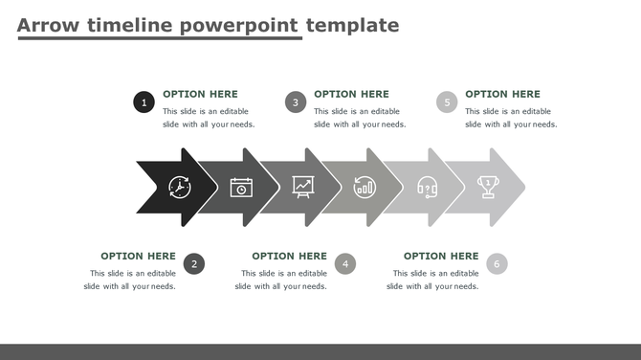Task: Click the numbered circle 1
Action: click(144, 101)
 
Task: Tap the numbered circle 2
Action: click(194, 263)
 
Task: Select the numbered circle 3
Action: click(296, 101)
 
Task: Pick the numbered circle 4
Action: click(345, 263)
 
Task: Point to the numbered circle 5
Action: click(447, 101)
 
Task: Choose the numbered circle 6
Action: click(497, 263)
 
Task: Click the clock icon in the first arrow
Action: click(180, 187)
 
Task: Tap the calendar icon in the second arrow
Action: click(241, 187)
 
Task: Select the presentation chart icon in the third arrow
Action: click(303, 187)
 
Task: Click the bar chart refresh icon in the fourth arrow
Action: click(365, 187)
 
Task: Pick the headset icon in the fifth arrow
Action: click(427, 187)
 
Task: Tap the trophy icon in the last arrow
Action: click(488, 187)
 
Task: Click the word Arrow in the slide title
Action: click(49, 25)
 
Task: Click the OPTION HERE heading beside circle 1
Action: click(200, 94)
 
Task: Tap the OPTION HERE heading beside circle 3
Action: click(351, 94)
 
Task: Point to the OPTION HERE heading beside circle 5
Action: click(502, 94)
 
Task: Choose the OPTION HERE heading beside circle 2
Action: click(138, 256)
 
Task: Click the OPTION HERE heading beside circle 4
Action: click(289, 256)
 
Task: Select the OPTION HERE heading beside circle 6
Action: click(441, 256)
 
